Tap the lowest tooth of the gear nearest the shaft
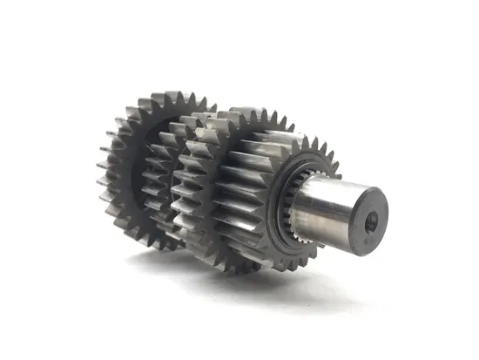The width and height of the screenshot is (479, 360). click(261, 266)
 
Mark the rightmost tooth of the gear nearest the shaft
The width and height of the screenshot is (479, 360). click(335, 171)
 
